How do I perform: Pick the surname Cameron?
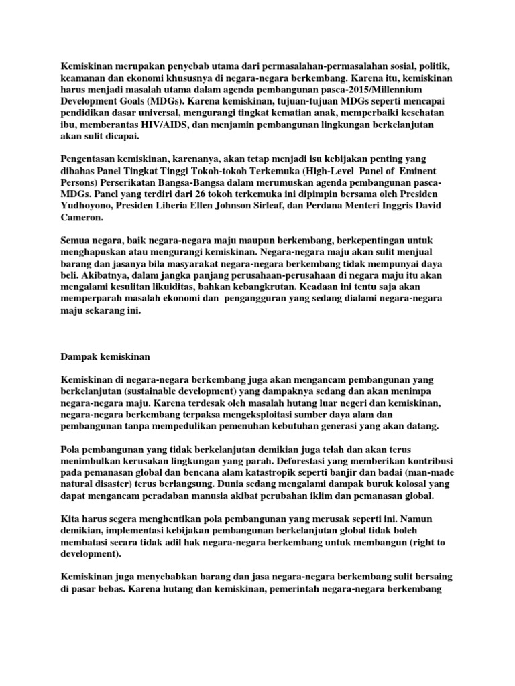click(83, 217)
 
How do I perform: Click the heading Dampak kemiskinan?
click(105, 356)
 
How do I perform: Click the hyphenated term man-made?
click(427, 473)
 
